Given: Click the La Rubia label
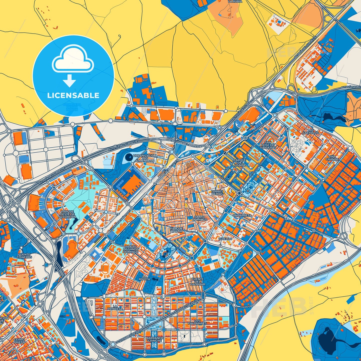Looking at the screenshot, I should tap(234, 1).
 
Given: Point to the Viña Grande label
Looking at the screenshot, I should tap(332, 158).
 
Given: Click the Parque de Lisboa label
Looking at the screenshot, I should tap(240, 162).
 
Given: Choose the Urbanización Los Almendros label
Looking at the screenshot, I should tap(145, 158).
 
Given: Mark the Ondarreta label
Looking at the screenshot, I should tap(242, 215).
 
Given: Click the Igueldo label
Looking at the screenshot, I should tap(225, 239).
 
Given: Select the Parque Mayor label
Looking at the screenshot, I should tap(176, 230).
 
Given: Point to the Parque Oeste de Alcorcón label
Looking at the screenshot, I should tap(67, 214).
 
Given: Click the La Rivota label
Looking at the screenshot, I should tap(145, 277).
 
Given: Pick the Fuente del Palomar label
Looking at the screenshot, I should tap(197, 282).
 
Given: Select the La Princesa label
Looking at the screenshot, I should tap(115, 307).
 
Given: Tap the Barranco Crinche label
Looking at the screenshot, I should tap(155, 339).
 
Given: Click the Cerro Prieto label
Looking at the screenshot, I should tap(19, 341).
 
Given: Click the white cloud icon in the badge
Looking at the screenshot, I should tap(73, 59).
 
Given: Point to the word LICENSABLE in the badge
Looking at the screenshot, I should tap(73, 95).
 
